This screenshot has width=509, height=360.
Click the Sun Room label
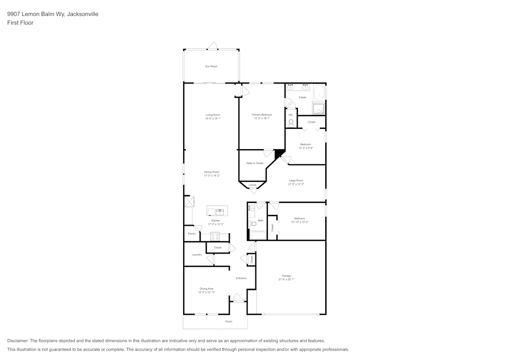click(x=211, y=67)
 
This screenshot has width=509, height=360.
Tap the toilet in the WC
click(x=291, y=122)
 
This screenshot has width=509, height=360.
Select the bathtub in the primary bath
click(x=319, y=93)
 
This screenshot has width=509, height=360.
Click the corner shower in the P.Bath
click(x=319, y=109)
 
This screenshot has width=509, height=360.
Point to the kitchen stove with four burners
click(x=215, y=236)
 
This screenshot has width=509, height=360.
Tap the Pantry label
click(x=192, y=234)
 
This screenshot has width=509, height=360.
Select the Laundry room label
click(x=197, y=255)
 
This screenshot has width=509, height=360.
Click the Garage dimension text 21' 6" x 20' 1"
click(x=287, y=280)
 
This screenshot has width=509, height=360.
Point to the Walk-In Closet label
click(x=254, y=163)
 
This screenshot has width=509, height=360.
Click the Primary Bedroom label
click(x=262, y=115)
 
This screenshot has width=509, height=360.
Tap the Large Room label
click(x=296, y=181)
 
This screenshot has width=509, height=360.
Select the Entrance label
click(x=241, y=278)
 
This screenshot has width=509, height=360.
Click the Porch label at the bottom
click(x=229, y=322)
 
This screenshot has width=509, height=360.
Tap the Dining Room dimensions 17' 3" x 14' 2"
click(x=212, y=176)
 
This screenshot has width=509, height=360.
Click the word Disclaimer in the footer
click(x=18, y=341)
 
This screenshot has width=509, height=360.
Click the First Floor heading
click(x=20, y=23)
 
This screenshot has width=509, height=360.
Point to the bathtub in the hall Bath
click(x=258, y=235)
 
